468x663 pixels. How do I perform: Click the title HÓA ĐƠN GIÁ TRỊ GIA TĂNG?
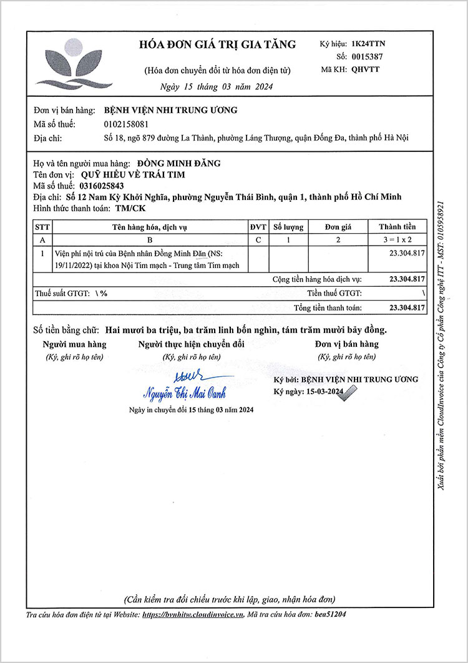tap(217, 44)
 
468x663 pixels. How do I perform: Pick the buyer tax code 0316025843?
tap(102, 186)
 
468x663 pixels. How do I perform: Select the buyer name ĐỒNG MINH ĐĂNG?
tap(179, 163)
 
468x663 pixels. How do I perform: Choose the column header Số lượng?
tap(289, 227)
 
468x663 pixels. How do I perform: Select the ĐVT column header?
tap(258, 227)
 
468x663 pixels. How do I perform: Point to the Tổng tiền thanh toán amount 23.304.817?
tap(406, 307)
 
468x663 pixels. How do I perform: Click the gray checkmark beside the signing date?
tap(350, 392)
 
